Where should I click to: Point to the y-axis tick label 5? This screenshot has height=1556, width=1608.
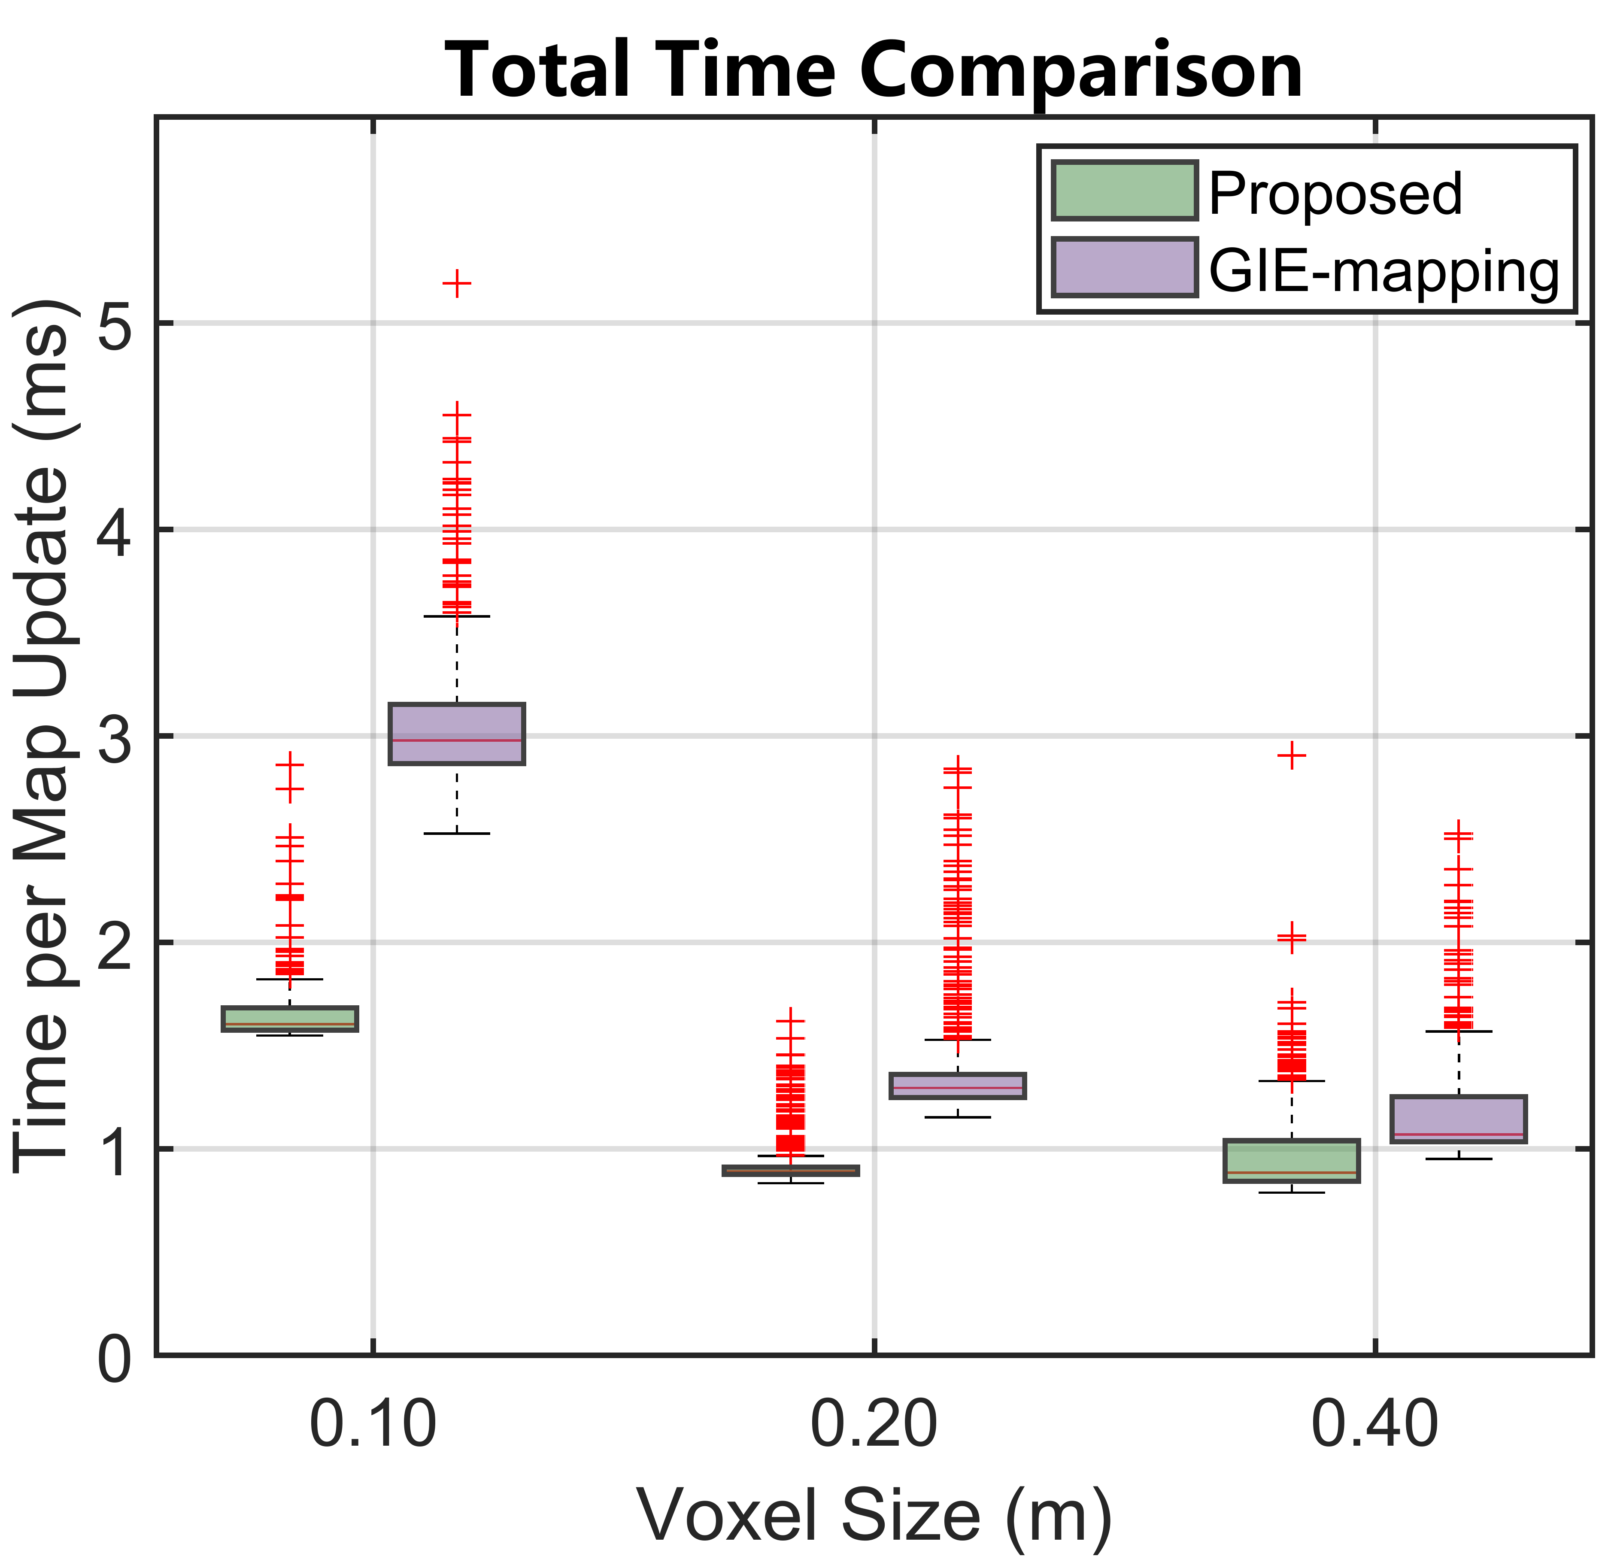(x=115, y=324)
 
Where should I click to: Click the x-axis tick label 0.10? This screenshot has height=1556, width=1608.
(x=373, y=1426)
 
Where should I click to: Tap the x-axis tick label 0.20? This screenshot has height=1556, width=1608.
(x=874, y=1426)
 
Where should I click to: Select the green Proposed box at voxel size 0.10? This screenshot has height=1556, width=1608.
(x=290, y=1019)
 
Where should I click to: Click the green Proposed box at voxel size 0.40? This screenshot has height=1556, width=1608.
(x=1291, y=1161)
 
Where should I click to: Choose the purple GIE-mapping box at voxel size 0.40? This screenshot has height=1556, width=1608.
(x=1458, y=1119)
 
